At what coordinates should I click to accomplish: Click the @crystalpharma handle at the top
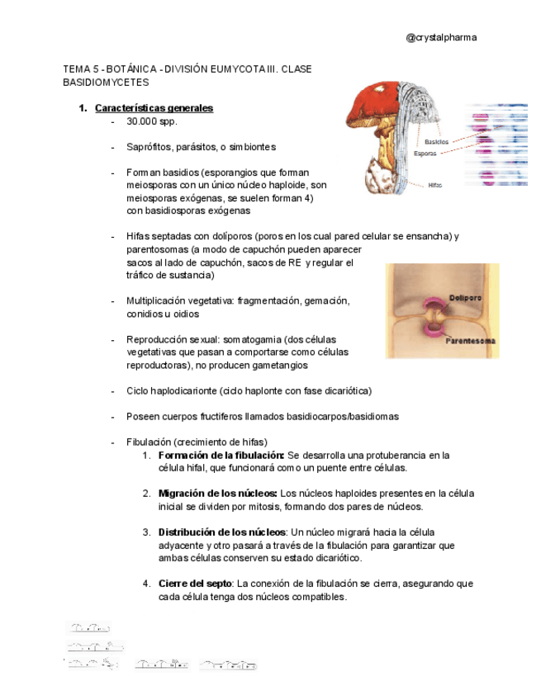tap(441, 37)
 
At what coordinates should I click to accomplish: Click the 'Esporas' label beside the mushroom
tap(425, 154)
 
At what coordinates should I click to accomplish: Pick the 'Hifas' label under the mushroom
tap(435, 185)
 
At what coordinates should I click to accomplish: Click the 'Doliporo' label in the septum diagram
tap(466, 297)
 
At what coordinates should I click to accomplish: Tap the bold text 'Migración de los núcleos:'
tap(217, 494)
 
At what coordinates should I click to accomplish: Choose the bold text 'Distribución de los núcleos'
tap(222, 532)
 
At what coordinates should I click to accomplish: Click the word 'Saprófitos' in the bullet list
tap(149, 147)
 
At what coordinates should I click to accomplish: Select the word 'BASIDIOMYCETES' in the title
tap(106, 83)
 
